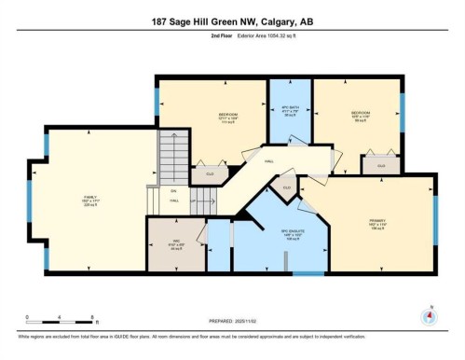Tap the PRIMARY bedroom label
pyautogui.click(x=378, y=221)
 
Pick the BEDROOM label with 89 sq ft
pyautogui.click(x=361, y=116)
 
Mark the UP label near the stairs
pyautogui.click(x=193, y=201)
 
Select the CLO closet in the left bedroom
pyautogui.click(x=211, y=173)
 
